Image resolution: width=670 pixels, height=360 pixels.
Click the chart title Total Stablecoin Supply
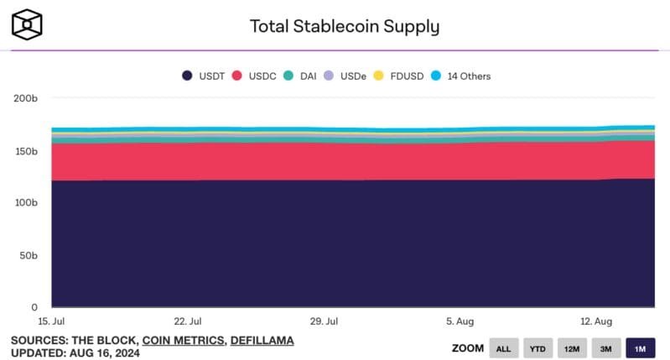click(x=344, y=26)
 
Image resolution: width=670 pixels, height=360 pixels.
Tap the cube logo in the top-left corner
click(x=27, y=26)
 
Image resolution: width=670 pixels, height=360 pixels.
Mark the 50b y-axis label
click(x=28, y=255)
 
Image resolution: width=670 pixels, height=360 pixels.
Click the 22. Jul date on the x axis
click(x=187, y=321)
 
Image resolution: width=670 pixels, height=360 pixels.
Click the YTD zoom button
click(x=537, y=347)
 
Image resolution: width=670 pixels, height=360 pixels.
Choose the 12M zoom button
click(x=572, y=347)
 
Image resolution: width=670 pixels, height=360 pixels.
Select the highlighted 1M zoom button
click(x=640, y=347)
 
